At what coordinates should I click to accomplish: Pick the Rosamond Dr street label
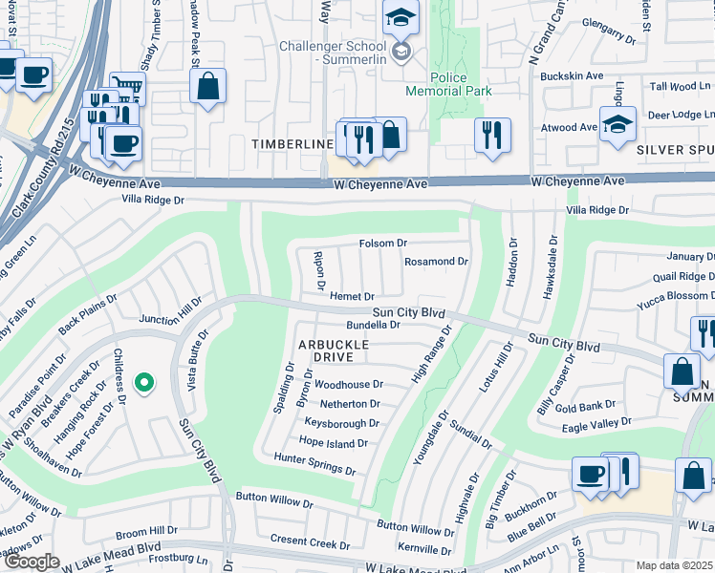pos(436,261)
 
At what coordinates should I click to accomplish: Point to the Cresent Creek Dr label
pos(310,542)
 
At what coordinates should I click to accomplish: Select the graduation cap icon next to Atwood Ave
pos(618,124)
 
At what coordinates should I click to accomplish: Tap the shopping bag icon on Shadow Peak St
pos(207,88)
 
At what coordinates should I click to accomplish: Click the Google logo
pos(32,562)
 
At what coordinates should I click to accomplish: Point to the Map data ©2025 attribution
pos(675,565)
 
